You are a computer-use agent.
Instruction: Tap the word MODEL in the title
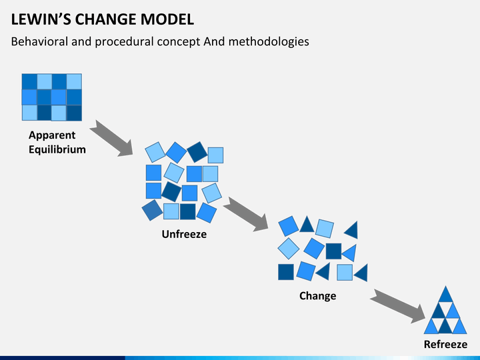pyautogui.click(x=167, y=19)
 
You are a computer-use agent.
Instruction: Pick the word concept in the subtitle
pyautogui.click(x=179, y=42)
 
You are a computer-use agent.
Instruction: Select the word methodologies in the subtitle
pyautogui.click(x=269, y=42)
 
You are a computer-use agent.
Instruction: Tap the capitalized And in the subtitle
pyautogui.click(x=214, y=41)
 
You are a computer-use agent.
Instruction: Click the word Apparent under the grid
pyautogui.click(x=52, y=135)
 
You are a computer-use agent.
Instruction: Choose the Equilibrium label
pyautogui.click(x=57, y=150)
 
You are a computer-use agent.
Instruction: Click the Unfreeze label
pyautogui.click(x=184, y=234)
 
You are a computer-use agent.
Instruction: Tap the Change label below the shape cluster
pyautogui.click(x=318, y=296)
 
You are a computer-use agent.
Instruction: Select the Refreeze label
pyautogui.click(x=445, y=345)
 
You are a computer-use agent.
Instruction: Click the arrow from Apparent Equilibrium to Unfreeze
pyautogui.click(x=111, y=138)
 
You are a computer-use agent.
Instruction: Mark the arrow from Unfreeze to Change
pyautogui.click(x=246, y=214)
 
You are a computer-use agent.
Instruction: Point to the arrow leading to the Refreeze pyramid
pyautogui.click(x=397, y=306)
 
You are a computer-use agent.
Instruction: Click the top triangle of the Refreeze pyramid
pyautogui.click(x=445, y=295)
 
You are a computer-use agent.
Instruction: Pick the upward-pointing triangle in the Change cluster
pyautogui.click(x=307, y=225)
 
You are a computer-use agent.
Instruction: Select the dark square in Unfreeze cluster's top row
pyautogui.click(x=197, y=152)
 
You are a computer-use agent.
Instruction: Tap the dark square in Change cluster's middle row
pyautogui.click(x=334, y=251)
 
